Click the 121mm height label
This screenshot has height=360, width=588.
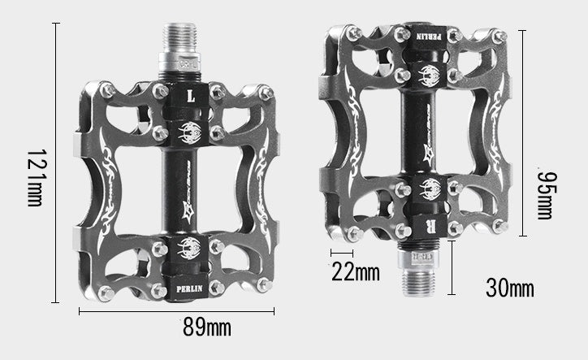coord(34,177)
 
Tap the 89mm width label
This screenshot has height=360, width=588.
coord(206,327)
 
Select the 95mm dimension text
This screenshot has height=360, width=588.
coord(545,195)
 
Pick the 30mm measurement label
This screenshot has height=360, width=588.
coord(509,287)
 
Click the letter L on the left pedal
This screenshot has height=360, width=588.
coord(192,94)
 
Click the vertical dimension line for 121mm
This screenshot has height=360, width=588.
coord(55,163)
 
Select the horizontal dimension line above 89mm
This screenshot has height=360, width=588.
coord(176,310)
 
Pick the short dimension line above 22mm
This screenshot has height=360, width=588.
coord(341,254)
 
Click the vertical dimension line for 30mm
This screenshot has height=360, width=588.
coord(452,267)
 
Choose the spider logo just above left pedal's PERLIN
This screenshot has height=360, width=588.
coord(189,249)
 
